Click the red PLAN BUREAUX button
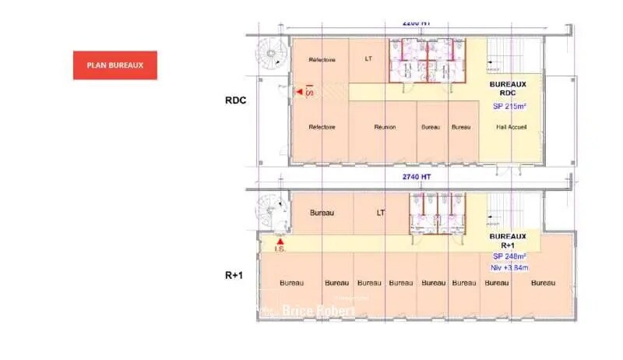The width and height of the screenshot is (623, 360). coord(115,65)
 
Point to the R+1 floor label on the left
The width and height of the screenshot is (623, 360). coord(234,274)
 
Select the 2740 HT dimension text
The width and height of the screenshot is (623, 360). coord(417,177)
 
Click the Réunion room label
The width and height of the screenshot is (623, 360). coord(385,127)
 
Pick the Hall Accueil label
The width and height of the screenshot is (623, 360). coord(509,127)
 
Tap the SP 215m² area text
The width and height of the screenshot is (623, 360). coord(509,106)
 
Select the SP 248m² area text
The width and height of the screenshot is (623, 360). coord(509,256)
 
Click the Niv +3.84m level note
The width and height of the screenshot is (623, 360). coord(509,268)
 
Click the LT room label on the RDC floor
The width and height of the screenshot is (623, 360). coord(368,59)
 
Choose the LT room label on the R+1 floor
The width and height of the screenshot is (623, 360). coord(380,212)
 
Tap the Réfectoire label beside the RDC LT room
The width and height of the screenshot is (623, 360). coord(322,60)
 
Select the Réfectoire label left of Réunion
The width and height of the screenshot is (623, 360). coord(322,127)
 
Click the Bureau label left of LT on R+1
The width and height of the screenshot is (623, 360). coord(322,212)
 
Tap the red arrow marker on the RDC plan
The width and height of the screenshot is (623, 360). coord(299,93)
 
